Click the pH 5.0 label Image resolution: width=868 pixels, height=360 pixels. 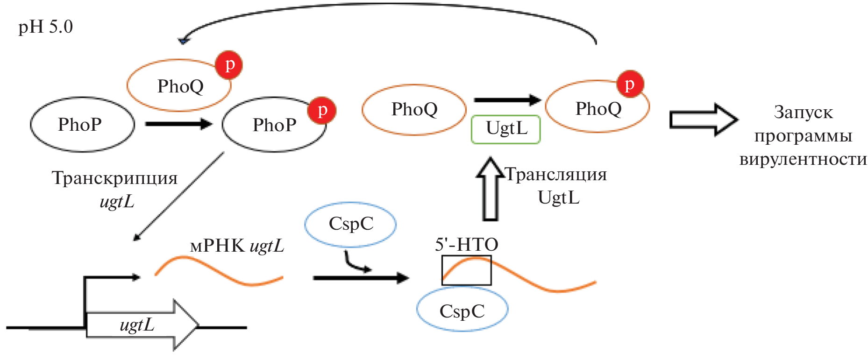coord(45,27)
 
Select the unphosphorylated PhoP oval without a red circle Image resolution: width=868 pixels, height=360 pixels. coord(82,125)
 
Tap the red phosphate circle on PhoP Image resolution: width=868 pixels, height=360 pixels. coord(322,110)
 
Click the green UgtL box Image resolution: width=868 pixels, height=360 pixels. coord(506,129)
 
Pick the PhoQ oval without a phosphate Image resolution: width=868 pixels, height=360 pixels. coord(414,110)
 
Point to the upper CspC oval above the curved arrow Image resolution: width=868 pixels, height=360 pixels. coord(350,224)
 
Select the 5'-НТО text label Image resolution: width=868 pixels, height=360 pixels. coord(466,245)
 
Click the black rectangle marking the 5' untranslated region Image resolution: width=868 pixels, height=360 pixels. coord(466,270)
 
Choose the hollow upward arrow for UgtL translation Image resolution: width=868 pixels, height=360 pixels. coord(490,189)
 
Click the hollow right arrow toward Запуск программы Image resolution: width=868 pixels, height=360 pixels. coord(703,120)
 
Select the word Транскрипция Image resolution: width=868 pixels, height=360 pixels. coord(114,178)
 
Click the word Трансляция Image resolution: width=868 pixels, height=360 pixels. coord(556,175)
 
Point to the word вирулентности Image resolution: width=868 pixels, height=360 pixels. coord(803,159)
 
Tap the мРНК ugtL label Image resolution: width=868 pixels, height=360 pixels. coord(237,246)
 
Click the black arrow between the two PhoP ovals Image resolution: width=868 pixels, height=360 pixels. coord(178,124)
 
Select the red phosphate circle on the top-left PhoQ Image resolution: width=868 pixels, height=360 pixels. coord(229,65)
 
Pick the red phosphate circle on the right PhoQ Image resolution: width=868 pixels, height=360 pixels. coord(630,85)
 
